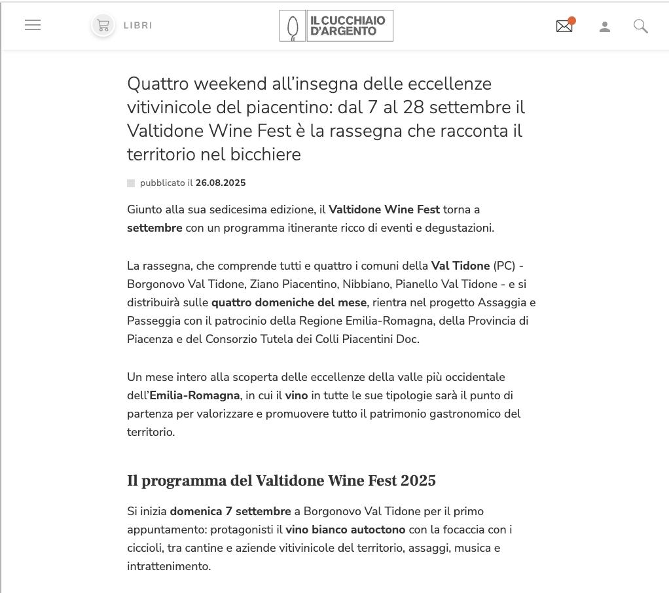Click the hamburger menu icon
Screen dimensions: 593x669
[x=33, y=25]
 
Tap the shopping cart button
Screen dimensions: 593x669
[x=103, y=26]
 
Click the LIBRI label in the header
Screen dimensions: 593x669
[x=137, y=26]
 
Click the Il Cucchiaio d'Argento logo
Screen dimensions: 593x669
[x=336, y=26]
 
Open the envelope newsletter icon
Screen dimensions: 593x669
[x=564, y=26]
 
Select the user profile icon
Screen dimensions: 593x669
[x=605, y=27]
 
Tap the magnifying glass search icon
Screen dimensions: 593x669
[x=641, y=26]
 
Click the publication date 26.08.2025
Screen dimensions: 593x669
[x=221, y=183]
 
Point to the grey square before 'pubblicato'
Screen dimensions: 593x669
[x=131, y=183]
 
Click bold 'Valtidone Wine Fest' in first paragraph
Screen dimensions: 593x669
[x=384, y=209]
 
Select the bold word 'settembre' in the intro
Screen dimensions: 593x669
[x=154, y=228]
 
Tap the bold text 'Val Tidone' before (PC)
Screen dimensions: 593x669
[x=460, y=266]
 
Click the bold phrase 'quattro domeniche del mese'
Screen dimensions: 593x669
[x=289, y=302]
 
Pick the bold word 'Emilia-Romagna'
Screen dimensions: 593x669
[x=194, y=395]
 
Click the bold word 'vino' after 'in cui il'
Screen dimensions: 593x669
[x=297, y=395]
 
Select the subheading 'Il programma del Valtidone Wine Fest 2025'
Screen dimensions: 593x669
[x=281, y=481]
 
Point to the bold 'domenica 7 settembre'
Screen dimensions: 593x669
[x=230, y=511]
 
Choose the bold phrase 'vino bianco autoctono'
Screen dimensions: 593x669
[x=346, y=530]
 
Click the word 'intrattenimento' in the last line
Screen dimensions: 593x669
[x=168, y=566]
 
